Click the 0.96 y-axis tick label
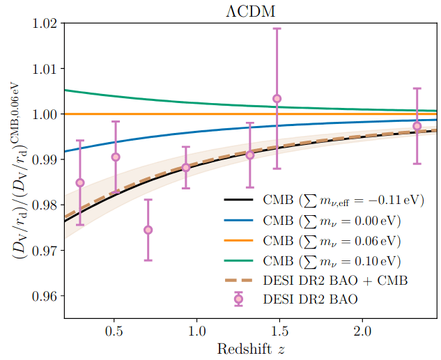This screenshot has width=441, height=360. [44, 295]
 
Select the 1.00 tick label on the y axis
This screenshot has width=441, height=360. [44, 114]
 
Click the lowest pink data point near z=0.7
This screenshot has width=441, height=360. [148, 230]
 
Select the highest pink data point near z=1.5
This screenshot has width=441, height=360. [277, 99]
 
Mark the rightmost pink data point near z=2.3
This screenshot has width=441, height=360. [417, 126]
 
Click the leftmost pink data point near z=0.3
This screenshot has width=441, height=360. [80, 182]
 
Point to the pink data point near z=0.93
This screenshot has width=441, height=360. [186, 167]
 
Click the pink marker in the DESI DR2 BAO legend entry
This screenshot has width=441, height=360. [238, 299]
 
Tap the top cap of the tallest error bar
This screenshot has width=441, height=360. [277, 29]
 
